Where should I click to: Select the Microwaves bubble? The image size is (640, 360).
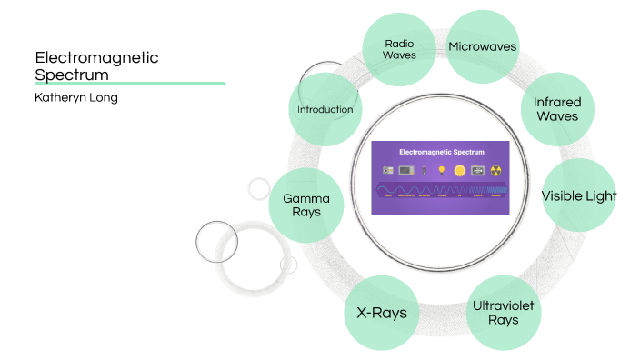click(482, 46)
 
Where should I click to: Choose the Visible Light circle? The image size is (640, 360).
click(579, 195)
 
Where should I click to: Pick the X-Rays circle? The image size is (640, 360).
click(381, 313)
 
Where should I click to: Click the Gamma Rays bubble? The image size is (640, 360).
click(306, 205)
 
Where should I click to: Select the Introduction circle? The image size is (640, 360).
click(325, 110)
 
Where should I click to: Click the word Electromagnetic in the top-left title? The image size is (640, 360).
click(95, 57)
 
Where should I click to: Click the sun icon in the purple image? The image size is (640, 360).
click(459, 170)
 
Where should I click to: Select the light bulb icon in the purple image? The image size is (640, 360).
click(442, 170)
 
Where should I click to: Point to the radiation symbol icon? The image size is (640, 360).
click(495, 170)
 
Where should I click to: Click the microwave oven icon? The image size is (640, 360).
click(405, 170)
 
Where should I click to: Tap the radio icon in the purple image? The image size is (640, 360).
click(388, 170)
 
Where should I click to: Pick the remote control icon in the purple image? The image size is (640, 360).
click(423, 170)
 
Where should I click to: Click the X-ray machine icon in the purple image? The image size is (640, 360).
click(477, 170)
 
